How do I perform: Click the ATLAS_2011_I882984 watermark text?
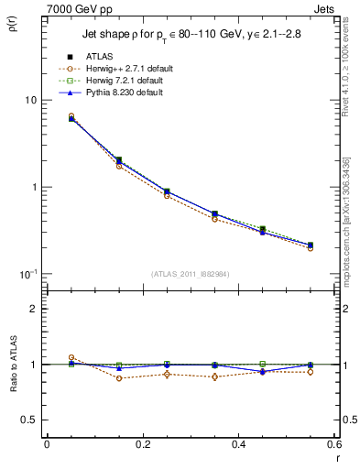tap(190, 274)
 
